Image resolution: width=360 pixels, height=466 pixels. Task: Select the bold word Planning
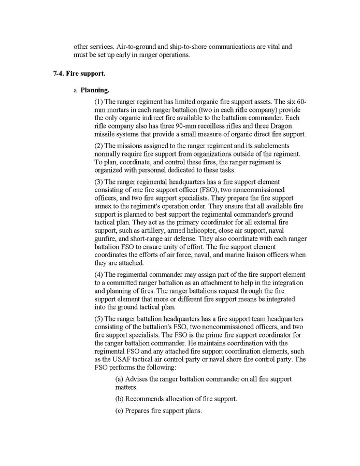93,90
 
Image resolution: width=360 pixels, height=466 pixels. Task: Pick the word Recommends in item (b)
146,399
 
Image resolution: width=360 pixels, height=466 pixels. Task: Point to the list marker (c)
119,411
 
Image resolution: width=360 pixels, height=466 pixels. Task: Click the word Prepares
139,411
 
